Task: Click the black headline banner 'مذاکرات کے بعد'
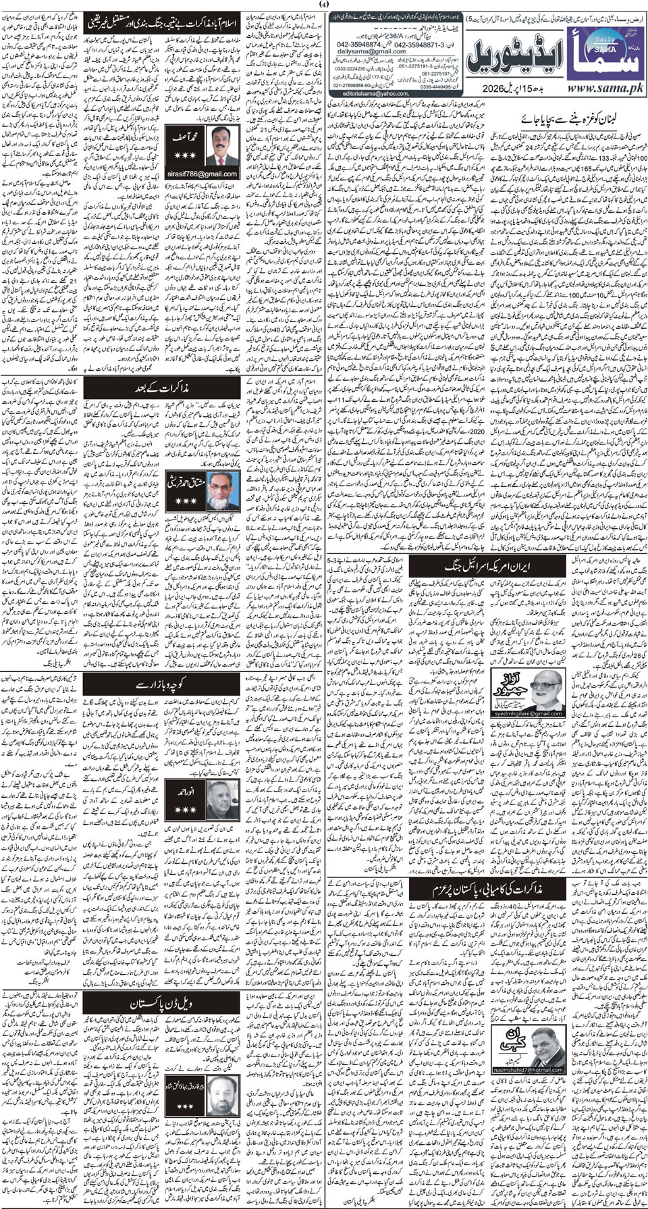(163, 388)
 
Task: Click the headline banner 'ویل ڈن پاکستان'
(161, 1004)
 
